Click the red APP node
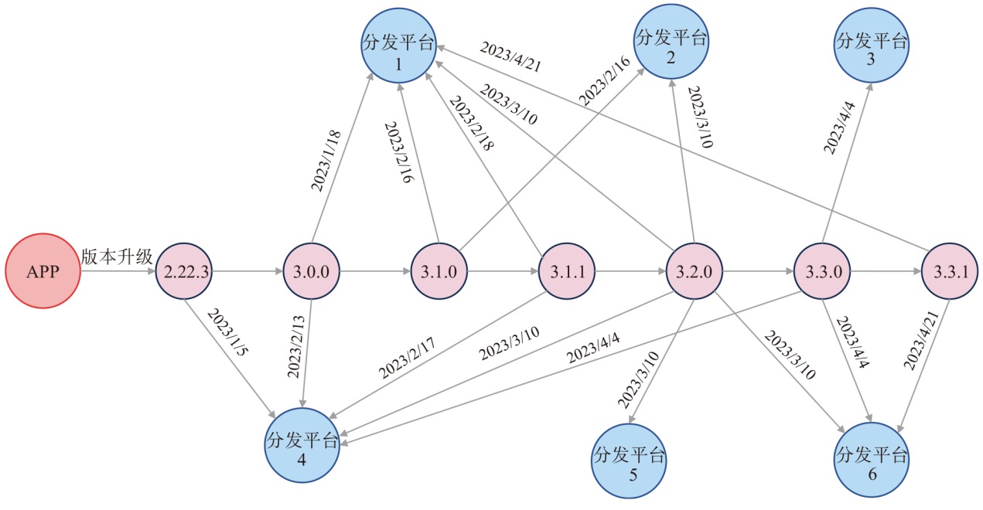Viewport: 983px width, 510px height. pyautogui.click(x=43, y=272)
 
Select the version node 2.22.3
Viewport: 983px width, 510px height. pyautogui.click(x=184, y=272)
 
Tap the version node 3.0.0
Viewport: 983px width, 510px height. pyautogui.click(x=312, y=272)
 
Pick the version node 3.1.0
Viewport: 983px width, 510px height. pyautogui.click(x=439, y=272)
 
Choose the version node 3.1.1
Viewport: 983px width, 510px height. pyautogui.click(x=567, y=272)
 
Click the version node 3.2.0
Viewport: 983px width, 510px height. pyautogui.click(x=695, y=272)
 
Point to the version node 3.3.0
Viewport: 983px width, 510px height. pyautogui.click(x=822, y=272)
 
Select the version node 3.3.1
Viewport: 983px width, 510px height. pyautogui.click(x=949, y=272)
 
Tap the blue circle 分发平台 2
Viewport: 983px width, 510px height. pyautogui.click(x=671, y=40)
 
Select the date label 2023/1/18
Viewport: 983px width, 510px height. pyautogui.click(x=326, y=161)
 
